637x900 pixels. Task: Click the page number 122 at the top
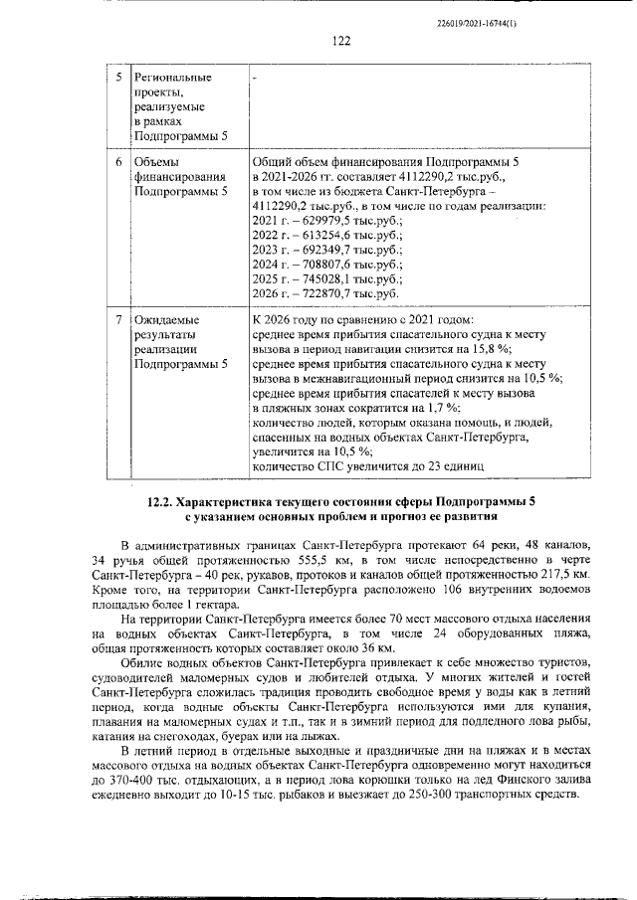pos(341,41)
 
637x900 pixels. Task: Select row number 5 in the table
pos(117,78)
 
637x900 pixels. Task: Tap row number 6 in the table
pos(117,161)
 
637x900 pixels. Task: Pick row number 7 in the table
pos(117,320)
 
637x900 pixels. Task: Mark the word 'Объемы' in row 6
pos(157,161)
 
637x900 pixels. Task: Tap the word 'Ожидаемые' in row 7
pos(166,320)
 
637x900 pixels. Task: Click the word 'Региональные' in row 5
pos(174,78)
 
